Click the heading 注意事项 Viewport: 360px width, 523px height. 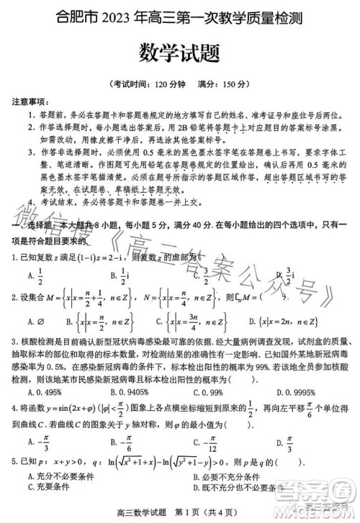tap(30, 101)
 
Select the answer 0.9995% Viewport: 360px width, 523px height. tap(293, 392)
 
